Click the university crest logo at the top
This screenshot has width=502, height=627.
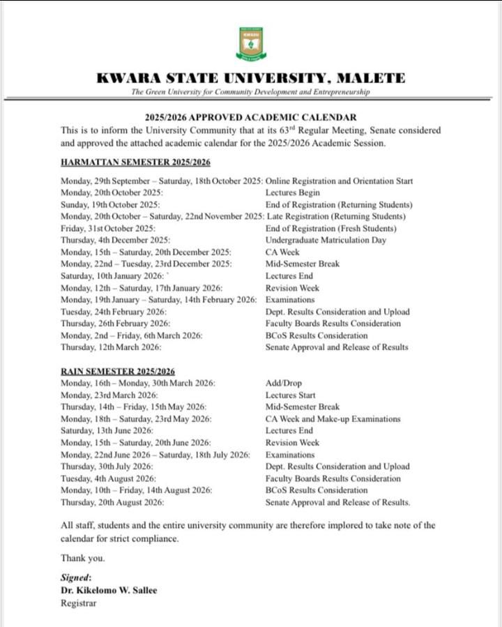pyautogui.click(x=250, y=44)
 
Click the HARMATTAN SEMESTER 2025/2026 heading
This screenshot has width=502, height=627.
pyautogui.click(x=135, y=163)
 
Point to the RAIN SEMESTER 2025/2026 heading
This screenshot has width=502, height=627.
pyautogui.click(x=118, y=372)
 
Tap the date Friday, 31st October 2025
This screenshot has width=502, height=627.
pyautogui.click(x=107, y=228)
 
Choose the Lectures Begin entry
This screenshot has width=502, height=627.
pyautogui.click(x=293, y=192)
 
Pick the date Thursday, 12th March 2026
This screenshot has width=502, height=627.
pyautogui.click(x=112, y=347)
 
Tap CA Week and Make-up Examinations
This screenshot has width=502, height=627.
pyautogui.click(x=333, y=419)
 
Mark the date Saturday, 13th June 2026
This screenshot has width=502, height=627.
pyautogui.click(x=107, y=431)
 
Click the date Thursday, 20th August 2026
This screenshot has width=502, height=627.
pyautogui.click(x=112, y=502)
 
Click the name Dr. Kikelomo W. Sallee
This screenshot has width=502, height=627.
pyautogui.click(x=108, y=590)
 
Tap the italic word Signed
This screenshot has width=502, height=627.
pyautogui.click(x=76, y=577)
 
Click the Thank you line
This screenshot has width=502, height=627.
pyautogui.click(x=82, y=558)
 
